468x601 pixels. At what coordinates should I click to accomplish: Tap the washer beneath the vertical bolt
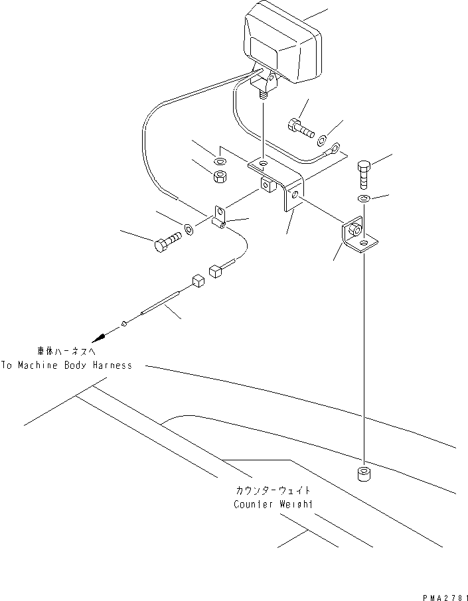pos(364,199)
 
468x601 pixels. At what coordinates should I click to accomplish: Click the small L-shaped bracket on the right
pos(358,236)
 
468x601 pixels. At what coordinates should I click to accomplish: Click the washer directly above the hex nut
pos(220,161)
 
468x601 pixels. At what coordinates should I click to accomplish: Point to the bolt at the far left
pos(167,241)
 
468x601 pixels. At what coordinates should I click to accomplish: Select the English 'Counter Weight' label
pos(273,504)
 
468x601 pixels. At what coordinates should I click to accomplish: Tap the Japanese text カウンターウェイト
pos(273,492)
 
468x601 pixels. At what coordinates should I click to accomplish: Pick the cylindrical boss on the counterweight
pos(364,475)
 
